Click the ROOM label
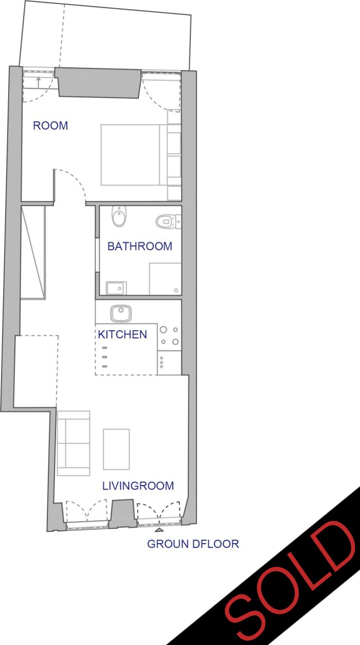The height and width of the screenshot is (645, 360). [50, 126]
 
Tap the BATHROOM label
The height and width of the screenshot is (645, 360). [140, 246]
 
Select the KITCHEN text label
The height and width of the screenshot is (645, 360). [122, 334]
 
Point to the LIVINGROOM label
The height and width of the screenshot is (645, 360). [138, 486]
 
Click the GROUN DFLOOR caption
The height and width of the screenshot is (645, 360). [193, 544]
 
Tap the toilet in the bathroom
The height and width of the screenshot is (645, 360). [168, 222]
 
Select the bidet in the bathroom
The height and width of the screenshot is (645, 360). [119, 216]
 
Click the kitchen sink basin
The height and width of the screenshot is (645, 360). [121, 313]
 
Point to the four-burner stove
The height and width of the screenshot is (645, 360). [169, 336]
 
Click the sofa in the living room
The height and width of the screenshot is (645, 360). [74, 443]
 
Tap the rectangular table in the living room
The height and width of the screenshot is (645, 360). [116, 449]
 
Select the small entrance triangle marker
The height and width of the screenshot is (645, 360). [159, 530]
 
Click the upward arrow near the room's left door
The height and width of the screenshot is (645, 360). [38, 82]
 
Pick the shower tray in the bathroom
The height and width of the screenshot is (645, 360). [165, 279]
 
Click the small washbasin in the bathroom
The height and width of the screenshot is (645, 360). [116, 288]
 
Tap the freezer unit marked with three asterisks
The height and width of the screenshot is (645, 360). [169, 363]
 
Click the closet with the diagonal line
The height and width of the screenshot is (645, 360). [33, 253]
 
